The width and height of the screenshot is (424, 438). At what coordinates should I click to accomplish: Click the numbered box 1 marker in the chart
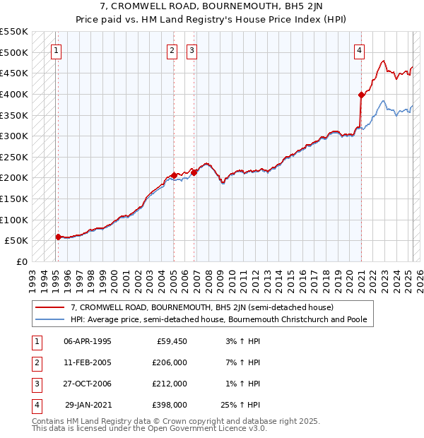coord(56,50)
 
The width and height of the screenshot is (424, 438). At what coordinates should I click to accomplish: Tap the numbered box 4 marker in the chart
coord(360,50)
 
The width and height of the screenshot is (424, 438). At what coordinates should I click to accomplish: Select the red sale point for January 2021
coord(361,95)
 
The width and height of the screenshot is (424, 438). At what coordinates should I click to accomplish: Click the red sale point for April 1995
coord(58,237)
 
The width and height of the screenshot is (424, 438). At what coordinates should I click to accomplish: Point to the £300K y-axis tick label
coord(14,136)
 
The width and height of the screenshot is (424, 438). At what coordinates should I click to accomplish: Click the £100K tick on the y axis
coord(14,220)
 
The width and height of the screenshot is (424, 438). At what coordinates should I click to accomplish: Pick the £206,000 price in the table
coord(170,362)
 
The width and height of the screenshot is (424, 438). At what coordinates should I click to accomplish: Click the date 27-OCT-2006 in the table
coord(88,384)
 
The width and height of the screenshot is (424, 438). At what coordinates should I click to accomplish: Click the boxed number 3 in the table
coord(36,384)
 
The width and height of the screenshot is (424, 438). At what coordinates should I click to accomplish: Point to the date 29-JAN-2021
coord(88,405)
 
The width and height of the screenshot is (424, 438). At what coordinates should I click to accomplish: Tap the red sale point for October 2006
coord(194,172)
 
